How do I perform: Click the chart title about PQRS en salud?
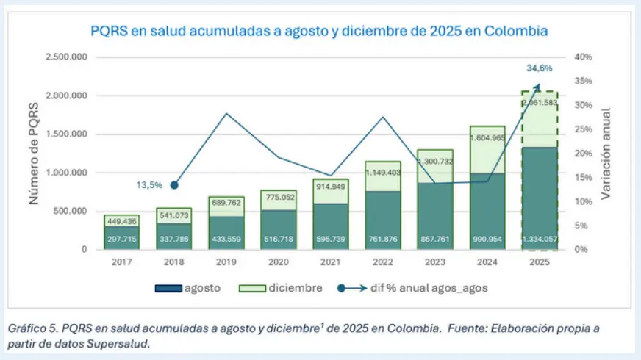click(319, 31)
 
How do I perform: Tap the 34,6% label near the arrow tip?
click(539, 68)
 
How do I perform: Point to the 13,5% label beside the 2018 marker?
click(151, 185)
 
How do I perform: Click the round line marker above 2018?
click(174, 185)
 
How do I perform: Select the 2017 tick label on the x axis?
click(121, 261)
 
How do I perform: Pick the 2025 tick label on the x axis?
click(540, 261)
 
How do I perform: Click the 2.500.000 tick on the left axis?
click(65, 57)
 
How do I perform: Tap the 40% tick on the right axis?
click(583, 57)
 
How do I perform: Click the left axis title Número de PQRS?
click(34, 153)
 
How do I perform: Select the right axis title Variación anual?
click(606, 153)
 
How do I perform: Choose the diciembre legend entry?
click(282, 289)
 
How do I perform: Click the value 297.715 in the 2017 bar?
click(121, 240)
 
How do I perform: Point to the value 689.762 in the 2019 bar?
click(226, 201)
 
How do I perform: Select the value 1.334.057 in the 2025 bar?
click(540, 240)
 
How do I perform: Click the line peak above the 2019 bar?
click(226, 113)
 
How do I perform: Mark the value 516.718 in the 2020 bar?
click(279, 240)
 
